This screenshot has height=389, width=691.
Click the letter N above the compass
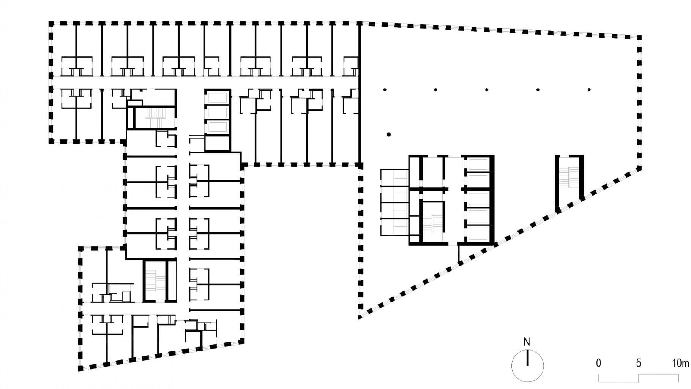(x=527, y=342)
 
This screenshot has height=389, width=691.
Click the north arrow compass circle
(x=527, y=366)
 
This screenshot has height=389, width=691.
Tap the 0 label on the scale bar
(x=599, y=364)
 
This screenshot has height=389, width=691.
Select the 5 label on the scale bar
(x=639, y=364)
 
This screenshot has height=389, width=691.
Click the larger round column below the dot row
(x=388, y=134)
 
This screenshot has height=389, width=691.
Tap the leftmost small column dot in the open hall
(x=385, y=90)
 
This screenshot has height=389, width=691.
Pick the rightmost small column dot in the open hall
(x=589, y=90)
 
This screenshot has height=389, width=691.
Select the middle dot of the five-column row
(x=487, y=90)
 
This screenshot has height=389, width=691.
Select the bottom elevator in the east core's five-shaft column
(x=478, y=233)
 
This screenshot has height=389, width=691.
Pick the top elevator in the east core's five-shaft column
(x=478, y=164)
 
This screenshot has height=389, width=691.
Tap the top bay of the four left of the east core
(x=394, y=178)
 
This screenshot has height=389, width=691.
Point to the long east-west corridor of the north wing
(x=205, y=82)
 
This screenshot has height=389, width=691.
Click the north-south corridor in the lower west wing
(x=183, y=228)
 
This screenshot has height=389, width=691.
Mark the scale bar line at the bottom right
(x=639, y=378)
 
